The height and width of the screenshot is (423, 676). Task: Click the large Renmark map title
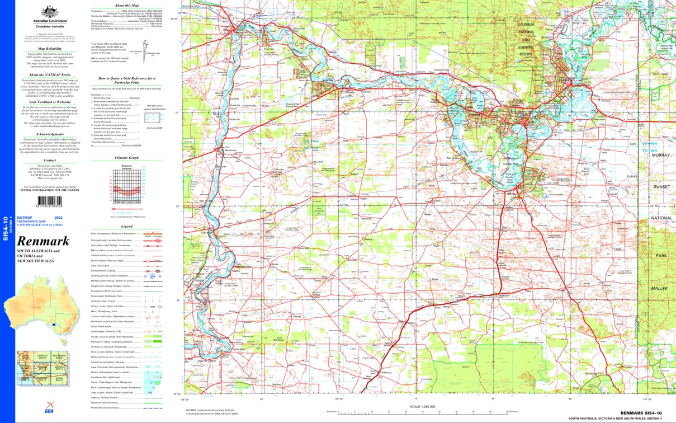43,242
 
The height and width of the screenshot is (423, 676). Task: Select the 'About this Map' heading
126,5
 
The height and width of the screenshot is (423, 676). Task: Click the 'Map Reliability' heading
50,48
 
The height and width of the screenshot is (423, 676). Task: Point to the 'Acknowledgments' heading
50,134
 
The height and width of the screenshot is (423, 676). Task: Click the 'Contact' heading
50,159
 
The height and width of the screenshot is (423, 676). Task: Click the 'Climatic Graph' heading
126,158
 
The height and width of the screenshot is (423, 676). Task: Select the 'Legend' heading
126,226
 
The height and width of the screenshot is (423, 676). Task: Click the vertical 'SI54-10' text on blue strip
6,229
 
